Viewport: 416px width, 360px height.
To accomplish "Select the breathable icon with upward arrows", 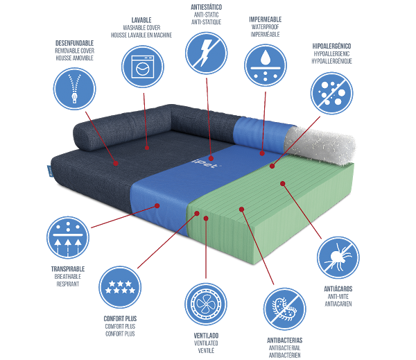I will [x=68, y=237].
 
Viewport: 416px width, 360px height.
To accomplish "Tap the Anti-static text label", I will [x=206, y=13].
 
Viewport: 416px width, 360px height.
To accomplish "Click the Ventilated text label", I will [x=206, y=343].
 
